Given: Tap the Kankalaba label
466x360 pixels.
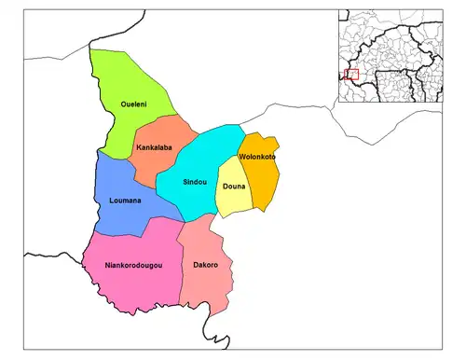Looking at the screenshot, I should click(152, 148).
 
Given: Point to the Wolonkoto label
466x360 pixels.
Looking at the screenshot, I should click(257, 157).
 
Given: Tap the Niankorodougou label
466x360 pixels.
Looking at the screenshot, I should click(134, 266).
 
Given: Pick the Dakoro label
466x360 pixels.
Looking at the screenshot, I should click(205, 266).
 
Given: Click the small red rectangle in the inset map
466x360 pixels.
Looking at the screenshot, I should click(351, 75).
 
